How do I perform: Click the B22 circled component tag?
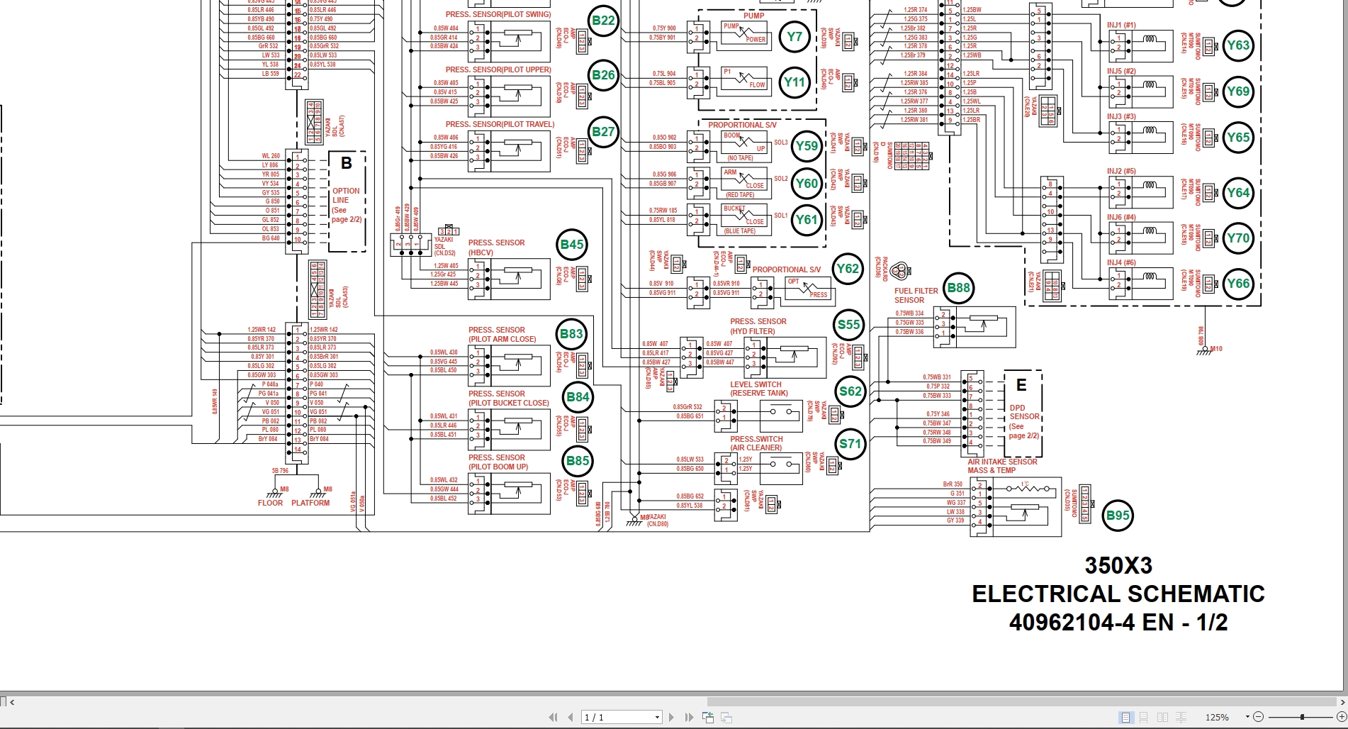point(603,21)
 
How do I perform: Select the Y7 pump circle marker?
point(794,37)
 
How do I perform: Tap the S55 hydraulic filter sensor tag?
point(848,325)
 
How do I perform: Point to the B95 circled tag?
point(1118,516)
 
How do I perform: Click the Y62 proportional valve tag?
point(847,269)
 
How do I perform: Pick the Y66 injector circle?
point(1237,284)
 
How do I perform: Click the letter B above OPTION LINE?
point(347,164)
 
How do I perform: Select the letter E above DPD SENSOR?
point(1021,385)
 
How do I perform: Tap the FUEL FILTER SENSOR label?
point(916,295)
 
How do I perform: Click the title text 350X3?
point(1118,565)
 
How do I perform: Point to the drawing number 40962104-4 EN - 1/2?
point(1118,622)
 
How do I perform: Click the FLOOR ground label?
point(270,503)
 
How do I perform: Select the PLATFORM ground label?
point(310,503)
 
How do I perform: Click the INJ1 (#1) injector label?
point(1121,25)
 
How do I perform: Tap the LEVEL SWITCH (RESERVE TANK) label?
point(758,389)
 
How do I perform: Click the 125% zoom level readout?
point(1217,717)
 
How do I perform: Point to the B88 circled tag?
point(958,288)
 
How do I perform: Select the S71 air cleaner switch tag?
point(850,445)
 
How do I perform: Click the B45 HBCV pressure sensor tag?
point(572,245)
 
